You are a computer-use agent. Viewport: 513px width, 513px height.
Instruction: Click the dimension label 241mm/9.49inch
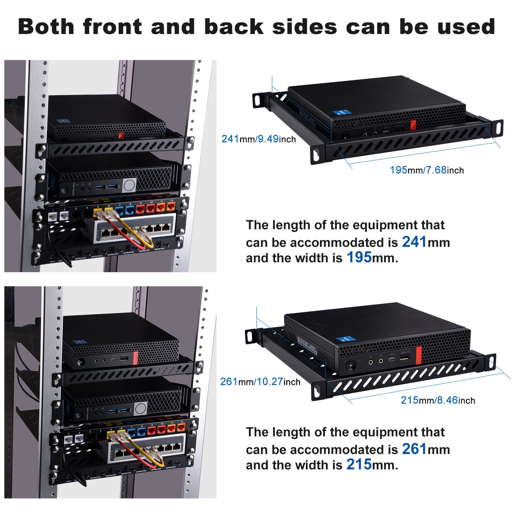click(258, 139)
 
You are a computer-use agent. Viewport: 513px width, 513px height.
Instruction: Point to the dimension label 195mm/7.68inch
click(427, 170)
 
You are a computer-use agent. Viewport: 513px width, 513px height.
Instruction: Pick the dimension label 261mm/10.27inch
click(260, 382)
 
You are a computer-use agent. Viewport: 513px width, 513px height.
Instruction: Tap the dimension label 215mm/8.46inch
click(438, 400)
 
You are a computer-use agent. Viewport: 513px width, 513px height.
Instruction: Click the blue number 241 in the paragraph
click(414, 242)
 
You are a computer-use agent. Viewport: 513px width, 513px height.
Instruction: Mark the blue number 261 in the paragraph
click(414, 449)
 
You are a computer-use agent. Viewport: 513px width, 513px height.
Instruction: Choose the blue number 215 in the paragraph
click(359, 465)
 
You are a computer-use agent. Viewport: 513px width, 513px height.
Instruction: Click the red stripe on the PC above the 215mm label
click(419, 355)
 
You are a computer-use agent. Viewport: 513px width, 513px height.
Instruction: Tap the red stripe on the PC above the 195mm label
click(413, 125)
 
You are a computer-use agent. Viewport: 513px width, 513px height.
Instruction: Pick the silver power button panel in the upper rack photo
click(129, 185)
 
